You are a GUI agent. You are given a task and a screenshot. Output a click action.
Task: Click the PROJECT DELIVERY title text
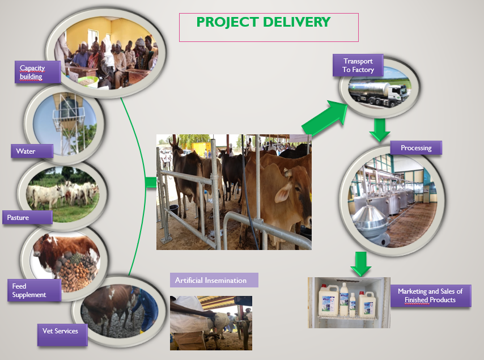[264, 22]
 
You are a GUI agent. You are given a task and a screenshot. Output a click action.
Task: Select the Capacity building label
[37, 72]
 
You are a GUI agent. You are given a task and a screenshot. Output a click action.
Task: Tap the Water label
[32, 151]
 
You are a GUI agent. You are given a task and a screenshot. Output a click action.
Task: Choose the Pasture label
[27, 217]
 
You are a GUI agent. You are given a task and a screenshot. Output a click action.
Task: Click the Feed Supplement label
[34, 290]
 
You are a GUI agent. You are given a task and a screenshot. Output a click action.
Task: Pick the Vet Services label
[62, 334]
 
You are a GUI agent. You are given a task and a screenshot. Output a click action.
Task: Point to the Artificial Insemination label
[214, 280]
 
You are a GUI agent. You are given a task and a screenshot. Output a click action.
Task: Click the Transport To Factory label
[358, 65]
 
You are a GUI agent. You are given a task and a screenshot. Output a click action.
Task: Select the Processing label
[416, 147]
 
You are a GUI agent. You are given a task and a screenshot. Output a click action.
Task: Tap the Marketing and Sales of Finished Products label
[431, 295]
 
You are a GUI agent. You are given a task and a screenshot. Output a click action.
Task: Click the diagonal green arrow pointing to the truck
[325, 118]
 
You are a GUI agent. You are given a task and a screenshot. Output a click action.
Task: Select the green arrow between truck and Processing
[380, 130]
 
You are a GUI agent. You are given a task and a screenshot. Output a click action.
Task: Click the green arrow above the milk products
[360, 264]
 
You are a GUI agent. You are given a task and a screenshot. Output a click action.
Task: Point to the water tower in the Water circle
[68, 124]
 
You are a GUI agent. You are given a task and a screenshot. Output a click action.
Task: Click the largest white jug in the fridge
[329, 300]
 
